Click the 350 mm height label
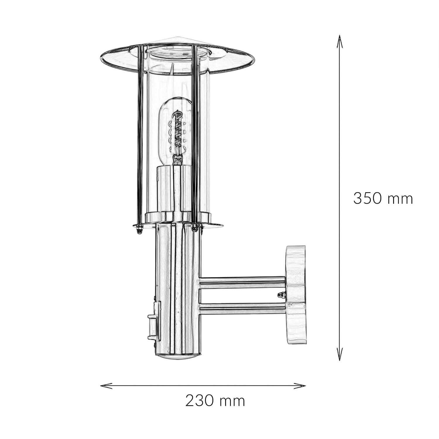click(x=383, y=199)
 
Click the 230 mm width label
click(x=215, y=401)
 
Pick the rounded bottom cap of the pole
click(x=177, y=357)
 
